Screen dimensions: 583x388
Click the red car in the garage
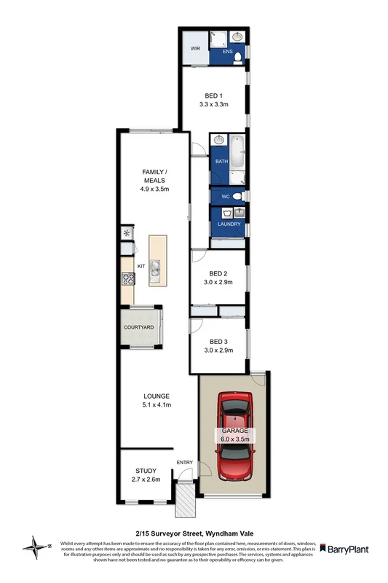[x=234, y=437]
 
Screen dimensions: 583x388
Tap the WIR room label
[x=195, y=49]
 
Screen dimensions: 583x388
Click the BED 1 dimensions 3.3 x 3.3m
[x=213, y=105]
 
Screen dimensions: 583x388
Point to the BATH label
[x=221, y=162]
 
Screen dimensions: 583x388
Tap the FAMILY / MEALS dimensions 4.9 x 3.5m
[x=154, y=189]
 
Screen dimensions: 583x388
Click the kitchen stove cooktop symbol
[x=128, y=278]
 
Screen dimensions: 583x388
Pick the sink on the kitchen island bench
[x=154, y=265]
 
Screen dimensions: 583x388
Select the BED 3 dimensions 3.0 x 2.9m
[x=218, y=351]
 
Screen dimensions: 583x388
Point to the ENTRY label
[x=184, y=463]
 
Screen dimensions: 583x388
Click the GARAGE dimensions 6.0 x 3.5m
[x=234, y=439]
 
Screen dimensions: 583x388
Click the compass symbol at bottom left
[x=37, y=545]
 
